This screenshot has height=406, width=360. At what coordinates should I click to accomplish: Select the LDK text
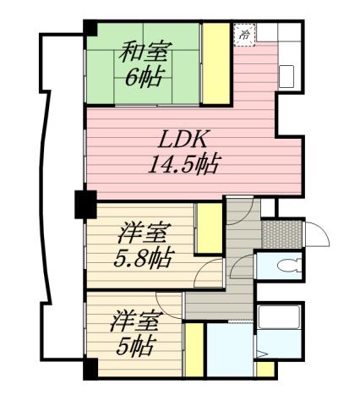pos(179,137)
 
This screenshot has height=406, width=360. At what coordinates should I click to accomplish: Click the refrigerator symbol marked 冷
pos(244,34)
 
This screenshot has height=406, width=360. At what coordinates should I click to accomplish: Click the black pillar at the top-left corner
pos(89,28)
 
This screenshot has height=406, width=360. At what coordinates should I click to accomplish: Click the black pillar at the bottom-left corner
pos(89,369)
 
